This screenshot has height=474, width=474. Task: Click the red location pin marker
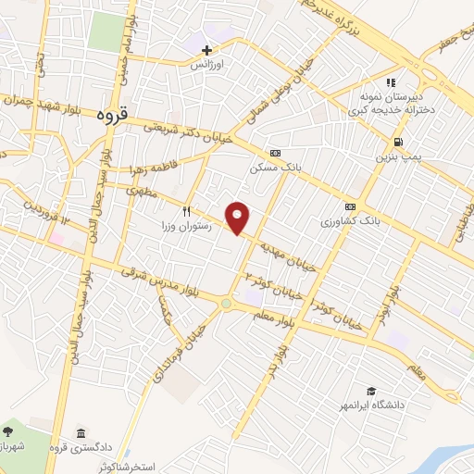(239, 218)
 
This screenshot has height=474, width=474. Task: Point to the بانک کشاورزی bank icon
(350, 206)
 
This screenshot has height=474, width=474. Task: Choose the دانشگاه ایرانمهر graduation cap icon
(371, 392)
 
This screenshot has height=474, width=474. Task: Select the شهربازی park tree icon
(9, 431)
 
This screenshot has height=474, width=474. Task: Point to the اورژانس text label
(207, 66)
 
